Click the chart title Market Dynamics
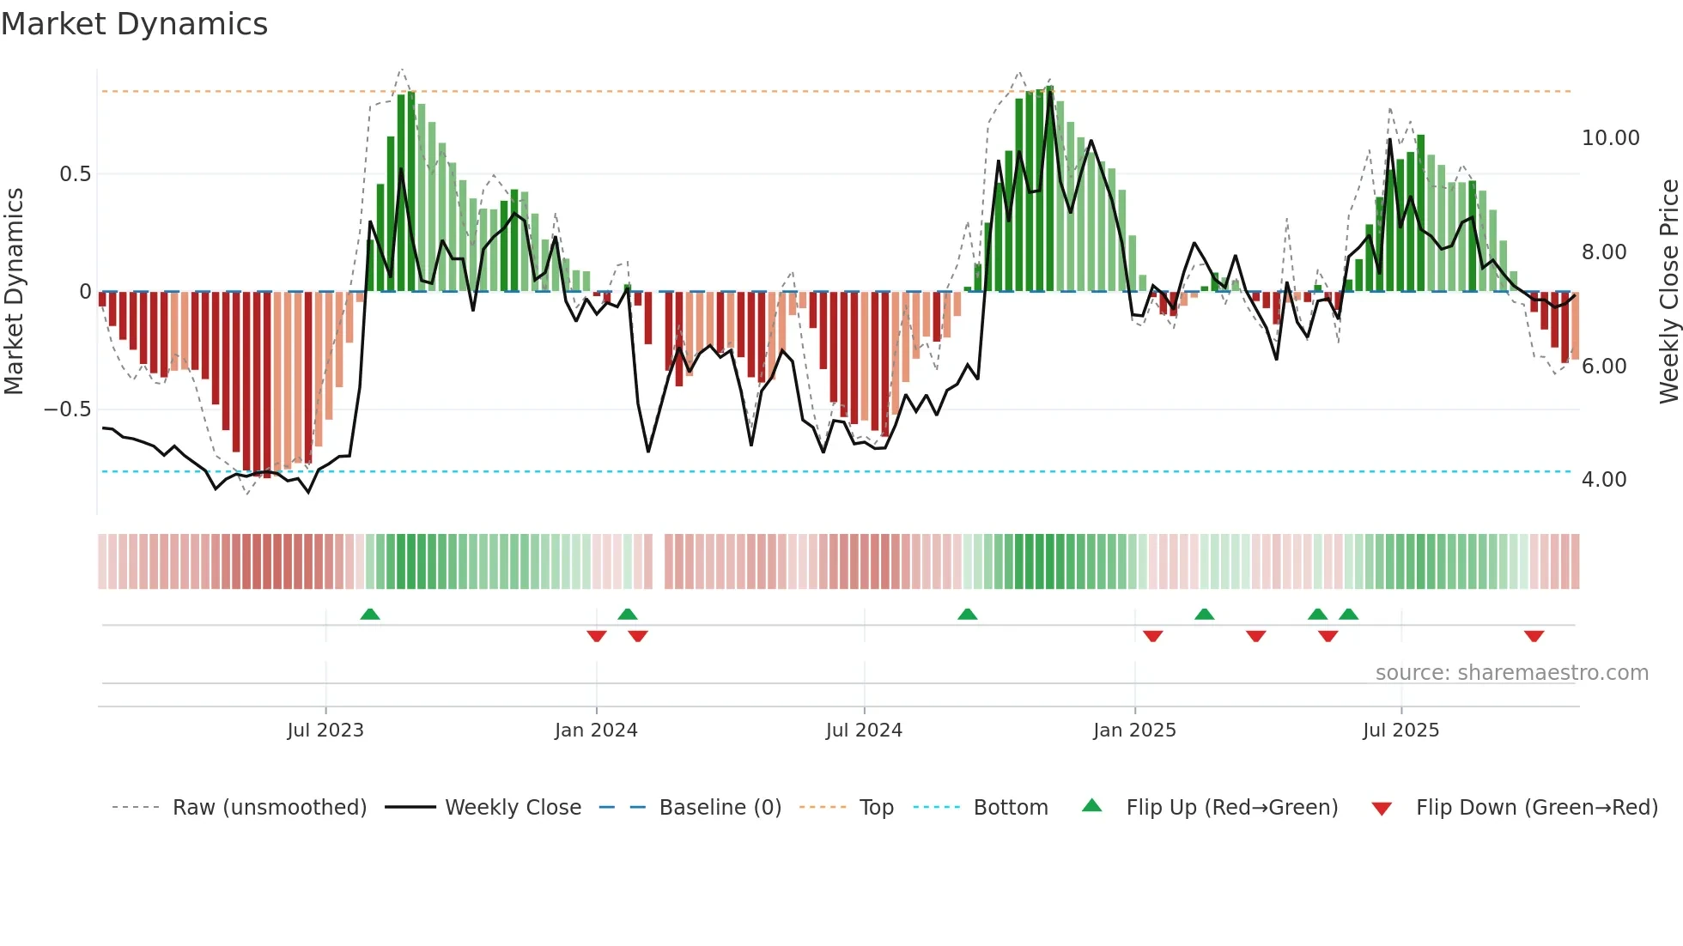[134, 24]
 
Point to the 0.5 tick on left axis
[75, 174]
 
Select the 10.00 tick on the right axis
[1610, 138]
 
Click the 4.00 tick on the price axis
[1603, 480]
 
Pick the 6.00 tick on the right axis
[1603, 367]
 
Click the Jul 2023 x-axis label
[325, 731]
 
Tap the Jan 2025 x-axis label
[1134, 731]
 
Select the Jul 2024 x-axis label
[864, 731]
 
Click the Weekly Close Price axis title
[1668, 292]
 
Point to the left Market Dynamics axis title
[14, 292]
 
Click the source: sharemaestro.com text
[1511, 673]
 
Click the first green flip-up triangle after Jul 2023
[370, 615]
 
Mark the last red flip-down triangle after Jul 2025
[1534, 636]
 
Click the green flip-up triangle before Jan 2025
[968, 615]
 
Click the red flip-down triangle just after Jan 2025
[1153, 636]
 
